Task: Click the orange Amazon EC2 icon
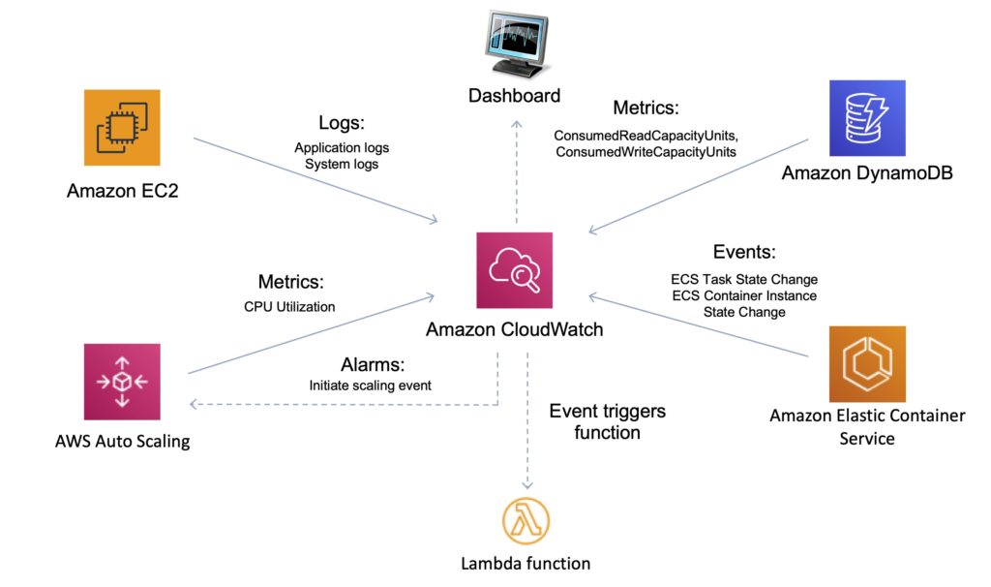point(121,128)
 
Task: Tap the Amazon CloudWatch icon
point(514,270)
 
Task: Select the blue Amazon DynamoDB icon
point(866,118)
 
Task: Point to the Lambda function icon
point(525,521)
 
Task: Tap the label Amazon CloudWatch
point(514,330)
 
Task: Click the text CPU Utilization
point(289,307)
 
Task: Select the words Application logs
point(342,148)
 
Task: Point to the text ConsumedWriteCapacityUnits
point(646,151)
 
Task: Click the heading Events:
point(743,253)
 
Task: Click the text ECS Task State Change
point(743,280)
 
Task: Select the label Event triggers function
point(607,421)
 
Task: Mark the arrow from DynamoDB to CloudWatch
point(697,185)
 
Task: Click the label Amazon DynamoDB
point(866,174)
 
